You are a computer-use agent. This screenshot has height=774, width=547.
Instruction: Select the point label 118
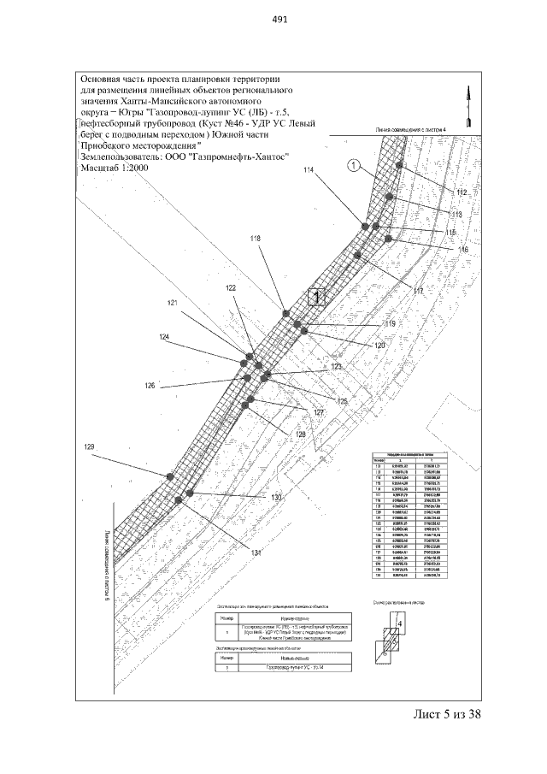click(x=255, y=238)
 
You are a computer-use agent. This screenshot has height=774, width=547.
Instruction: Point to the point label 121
click(x=173, y=304)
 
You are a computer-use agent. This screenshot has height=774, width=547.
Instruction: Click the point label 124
click(x=164, y=337)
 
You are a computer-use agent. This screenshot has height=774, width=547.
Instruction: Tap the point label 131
click(x=256, y=529)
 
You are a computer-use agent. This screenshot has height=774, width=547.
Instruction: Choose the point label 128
click(x=300, y=434)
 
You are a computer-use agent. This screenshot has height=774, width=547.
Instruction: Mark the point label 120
click(x=379, y=345)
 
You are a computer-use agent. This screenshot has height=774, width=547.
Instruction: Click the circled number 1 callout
click(x=353, y=165)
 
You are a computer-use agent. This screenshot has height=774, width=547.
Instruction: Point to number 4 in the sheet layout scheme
click(x=399, y=626)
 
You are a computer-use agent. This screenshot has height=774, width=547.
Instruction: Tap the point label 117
click(x=419, y=292)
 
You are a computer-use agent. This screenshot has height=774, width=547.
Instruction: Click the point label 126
click(x=150, y=386)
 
